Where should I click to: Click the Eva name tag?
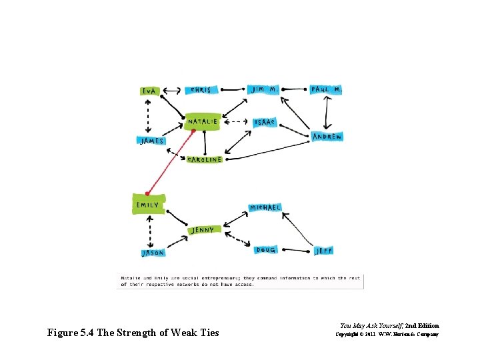pos(151,91)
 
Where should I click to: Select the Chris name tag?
pos(201,90)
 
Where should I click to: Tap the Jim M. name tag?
pos(264,89)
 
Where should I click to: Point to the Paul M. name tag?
pos(325,89)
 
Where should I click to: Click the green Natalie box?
pos(203,121)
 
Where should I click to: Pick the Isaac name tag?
pos(264,123)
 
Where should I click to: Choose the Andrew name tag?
pos(327,137)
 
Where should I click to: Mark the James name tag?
pos(151,141)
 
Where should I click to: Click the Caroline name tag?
pos(204,160)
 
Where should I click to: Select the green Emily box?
pos(147,204)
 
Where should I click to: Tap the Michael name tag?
pos(265,208)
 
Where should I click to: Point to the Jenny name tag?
pos(203,230)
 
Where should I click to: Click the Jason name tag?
pos(153,253)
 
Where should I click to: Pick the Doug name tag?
pos(266,250)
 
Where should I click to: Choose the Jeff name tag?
pos(323,251)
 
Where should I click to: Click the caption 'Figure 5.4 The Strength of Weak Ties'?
pos(133,333)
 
